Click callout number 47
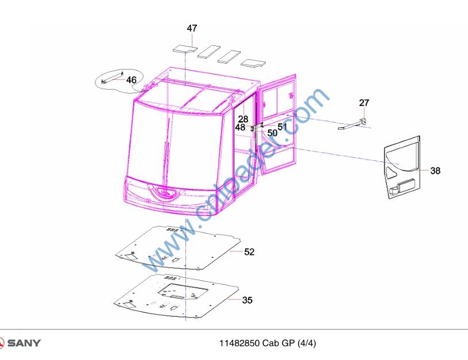point(192,28)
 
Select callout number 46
point(131,80)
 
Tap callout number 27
point(364,103)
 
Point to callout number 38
point(435,171)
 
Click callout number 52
point(249,252)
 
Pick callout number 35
point(247,300)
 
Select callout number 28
point(243,119)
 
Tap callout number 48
point(240,127)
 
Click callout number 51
point(282,126)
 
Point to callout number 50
point(272,133)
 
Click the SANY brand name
point(24,343)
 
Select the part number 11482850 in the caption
point(239,343)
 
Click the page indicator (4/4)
point(307,343)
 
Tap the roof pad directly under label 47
point(185,48)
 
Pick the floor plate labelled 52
point(178,248)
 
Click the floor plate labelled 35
point(176,296)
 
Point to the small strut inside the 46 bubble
point(113,78)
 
